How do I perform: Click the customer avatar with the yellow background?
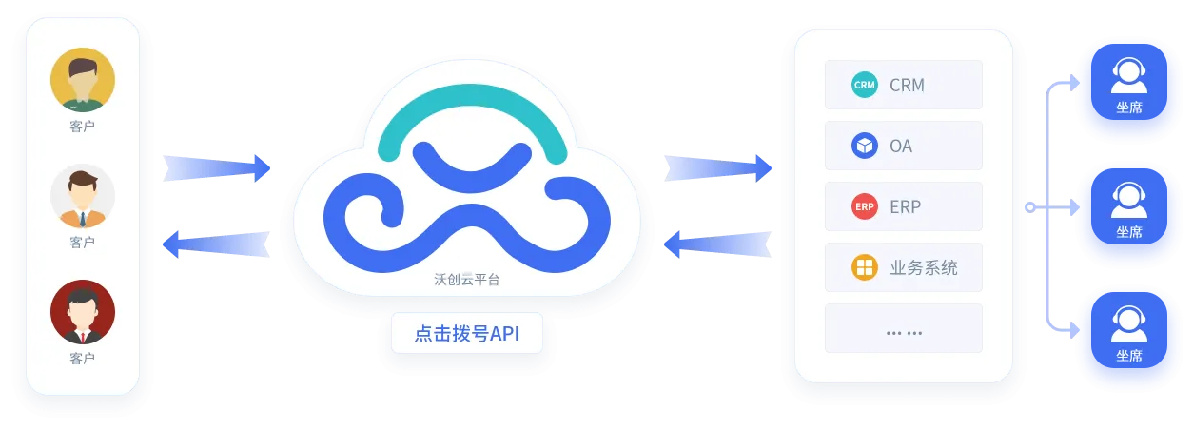pos(83,79)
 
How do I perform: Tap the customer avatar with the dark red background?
pos(83,312)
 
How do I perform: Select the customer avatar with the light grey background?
pos(83,196)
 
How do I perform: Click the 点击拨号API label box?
pos(466,334)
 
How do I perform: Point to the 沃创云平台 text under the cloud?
pos(466,280)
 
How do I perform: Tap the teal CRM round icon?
pos(864,85)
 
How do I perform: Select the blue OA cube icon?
pos(864,146)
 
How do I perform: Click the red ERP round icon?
pos(864,206)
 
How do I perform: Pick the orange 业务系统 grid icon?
pos(864,267)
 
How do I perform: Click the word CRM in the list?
pos(907,85)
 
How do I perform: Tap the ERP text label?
pos(905,206)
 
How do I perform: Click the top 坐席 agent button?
pos(1128,86)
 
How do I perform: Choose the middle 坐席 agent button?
pos(1128,210)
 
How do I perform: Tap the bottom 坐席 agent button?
pos(1128,334)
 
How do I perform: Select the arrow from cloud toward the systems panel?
pos(718,168)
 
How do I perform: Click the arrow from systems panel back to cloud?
pos(718,244)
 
